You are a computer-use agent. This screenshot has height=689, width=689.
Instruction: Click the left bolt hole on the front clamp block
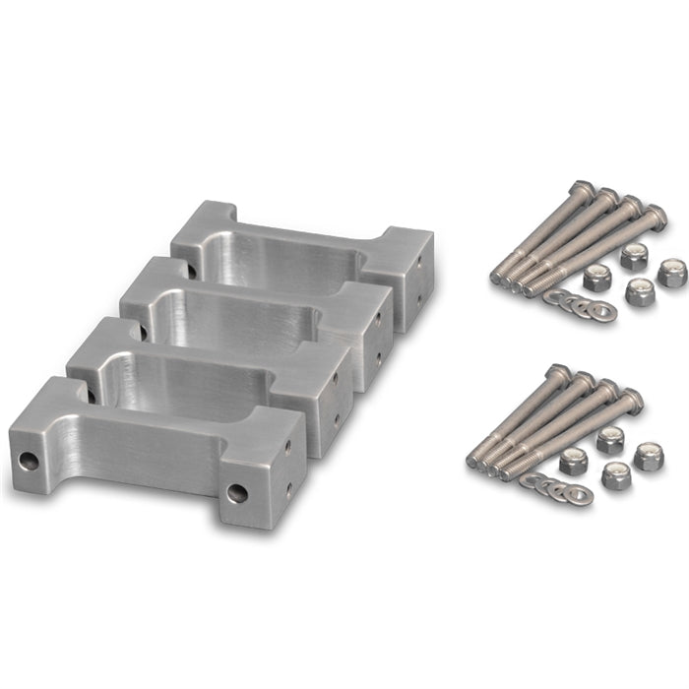30,460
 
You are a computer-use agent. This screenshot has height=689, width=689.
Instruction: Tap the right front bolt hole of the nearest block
237,492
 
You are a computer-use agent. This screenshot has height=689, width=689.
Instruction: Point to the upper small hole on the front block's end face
288,448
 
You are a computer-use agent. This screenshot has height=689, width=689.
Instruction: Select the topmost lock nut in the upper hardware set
632,257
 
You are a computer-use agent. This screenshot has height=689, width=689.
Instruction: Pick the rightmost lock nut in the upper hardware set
671,273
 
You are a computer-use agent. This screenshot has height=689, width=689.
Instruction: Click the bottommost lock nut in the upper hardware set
640,292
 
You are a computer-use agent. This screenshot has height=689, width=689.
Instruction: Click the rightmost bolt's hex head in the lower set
630,401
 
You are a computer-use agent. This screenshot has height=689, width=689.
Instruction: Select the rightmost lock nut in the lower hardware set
648,456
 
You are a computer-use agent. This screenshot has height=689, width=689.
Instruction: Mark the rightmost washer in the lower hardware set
578,494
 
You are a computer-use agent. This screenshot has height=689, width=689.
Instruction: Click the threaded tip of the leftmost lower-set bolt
473,460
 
